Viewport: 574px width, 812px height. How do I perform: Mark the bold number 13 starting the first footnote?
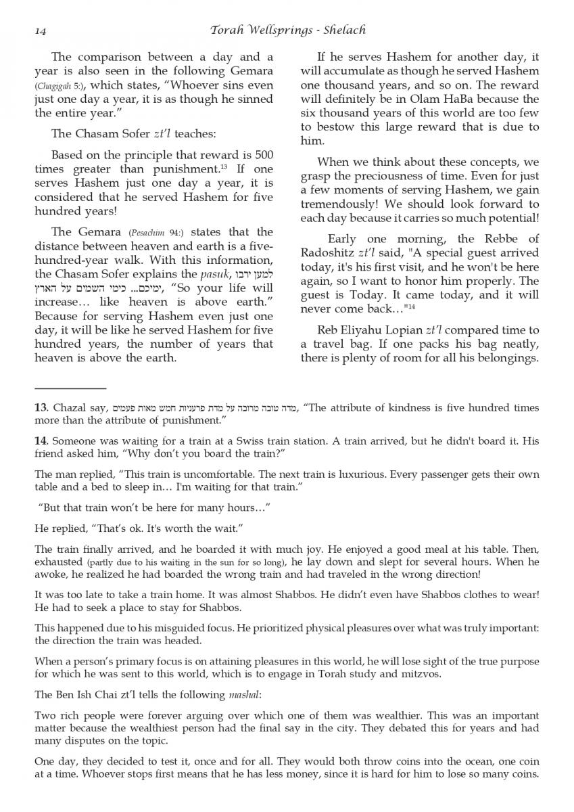click(x=40, y=408)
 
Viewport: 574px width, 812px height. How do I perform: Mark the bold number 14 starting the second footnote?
click(x=40, y=441)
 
